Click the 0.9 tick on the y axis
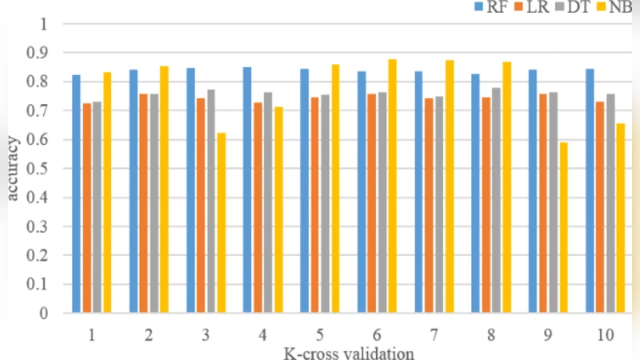coord(38,53)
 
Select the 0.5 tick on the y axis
coord(38,169)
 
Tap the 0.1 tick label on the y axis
coord(38,285)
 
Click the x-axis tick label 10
coord(605,335)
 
